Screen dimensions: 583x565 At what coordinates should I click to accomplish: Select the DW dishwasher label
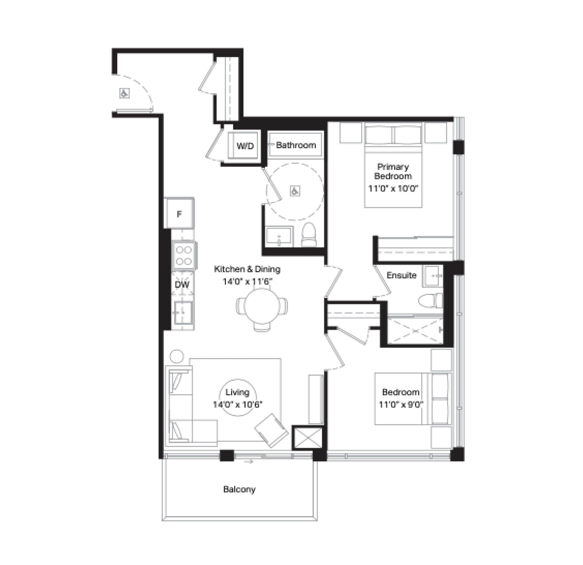[x=182, y=285]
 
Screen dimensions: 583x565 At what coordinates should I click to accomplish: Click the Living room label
[x=237, y=392]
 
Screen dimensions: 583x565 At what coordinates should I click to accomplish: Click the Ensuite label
[x=401, y=275]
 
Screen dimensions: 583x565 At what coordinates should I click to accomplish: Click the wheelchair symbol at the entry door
[x=124, y=93]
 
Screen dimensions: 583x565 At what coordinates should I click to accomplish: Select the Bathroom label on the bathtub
[x=296, y=145]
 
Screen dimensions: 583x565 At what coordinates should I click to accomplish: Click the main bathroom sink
[x=279, y=237]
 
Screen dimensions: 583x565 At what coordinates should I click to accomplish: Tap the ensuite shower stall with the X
[x=415, y=330]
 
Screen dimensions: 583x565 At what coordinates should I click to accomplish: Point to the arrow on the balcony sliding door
[x=248, y=462]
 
